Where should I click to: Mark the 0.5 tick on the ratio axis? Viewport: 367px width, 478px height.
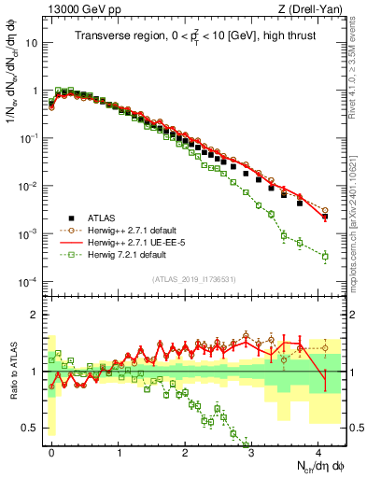32,428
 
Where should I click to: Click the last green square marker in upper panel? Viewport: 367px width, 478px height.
325,256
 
